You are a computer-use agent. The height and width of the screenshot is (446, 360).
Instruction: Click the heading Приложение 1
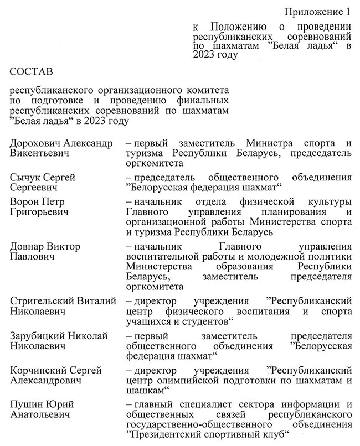point(316,12)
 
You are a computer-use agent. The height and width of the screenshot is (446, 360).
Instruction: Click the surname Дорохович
point(35,143)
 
